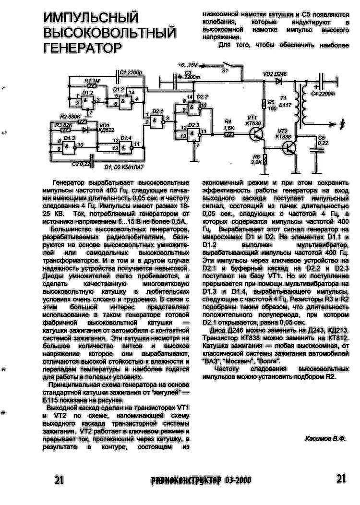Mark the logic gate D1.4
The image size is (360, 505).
(127, 144)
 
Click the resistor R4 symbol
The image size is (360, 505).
(229, 134)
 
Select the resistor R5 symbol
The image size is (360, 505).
(264, 105)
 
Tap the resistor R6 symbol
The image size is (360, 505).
(264, 159)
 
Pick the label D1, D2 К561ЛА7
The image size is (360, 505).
(124, 166)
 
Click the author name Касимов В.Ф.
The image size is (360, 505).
(325, 439)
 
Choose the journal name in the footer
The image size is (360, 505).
(200, 480)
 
